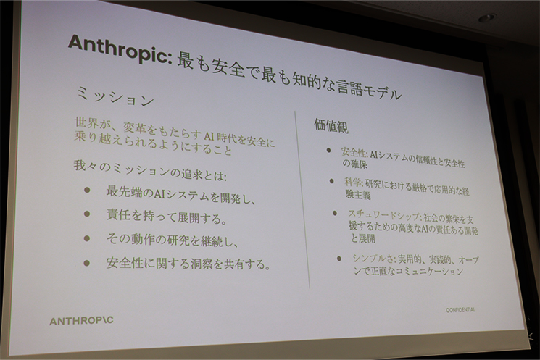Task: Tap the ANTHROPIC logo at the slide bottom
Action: click(x=81, y=320)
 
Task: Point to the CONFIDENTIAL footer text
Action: click(x=460, y=309)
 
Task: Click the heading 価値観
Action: click(x=331, y=125)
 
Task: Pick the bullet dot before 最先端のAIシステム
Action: click(x=87, y=191)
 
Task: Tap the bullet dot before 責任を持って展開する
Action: click(x=87, y=215)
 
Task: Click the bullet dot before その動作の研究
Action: click(x=87, y=238)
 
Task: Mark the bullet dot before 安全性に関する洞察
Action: click(x=87, y=263)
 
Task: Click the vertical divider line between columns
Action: click(x=302, y=196)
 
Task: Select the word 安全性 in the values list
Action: click(x=354, y=153)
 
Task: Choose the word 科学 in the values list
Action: click(x=353, y=183)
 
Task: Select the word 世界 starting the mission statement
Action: click(x=86, y=122)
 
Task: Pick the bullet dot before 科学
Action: click(x=331, y=180)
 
